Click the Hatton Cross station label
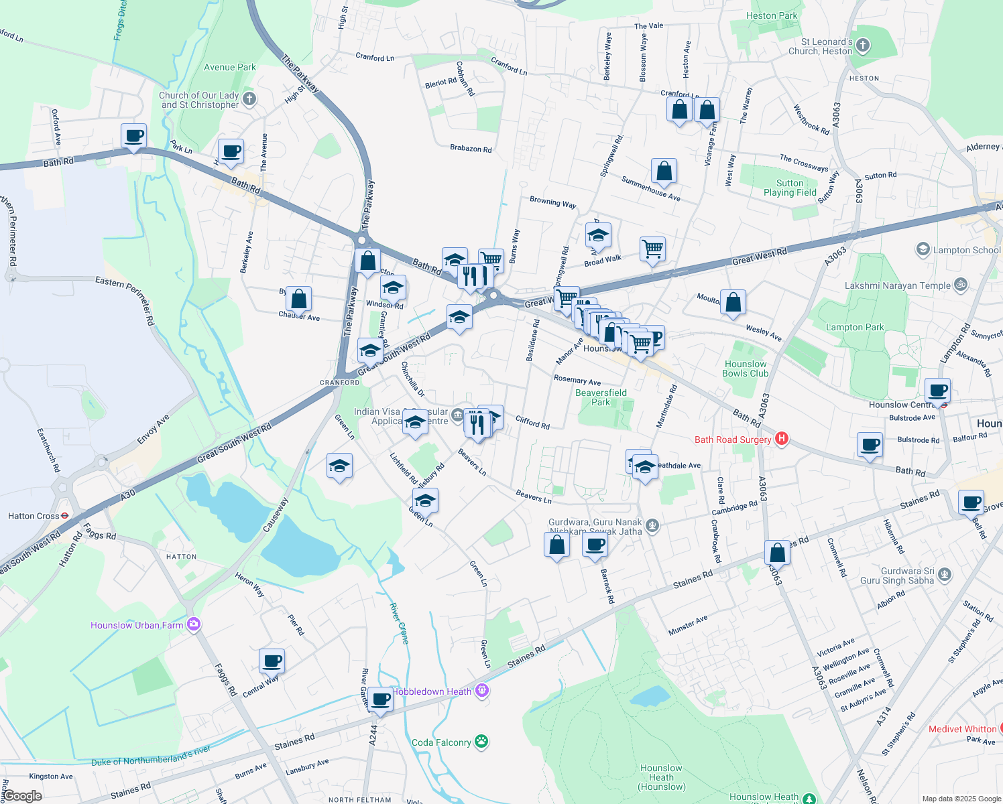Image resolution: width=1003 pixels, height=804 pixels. pos(34,516)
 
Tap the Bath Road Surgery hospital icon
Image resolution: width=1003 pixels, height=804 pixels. pos(781,440)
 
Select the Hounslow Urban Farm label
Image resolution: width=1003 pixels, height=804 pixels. pos(137,625)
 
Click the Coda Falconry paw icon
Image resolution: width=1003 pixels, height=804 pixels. pos(481,742)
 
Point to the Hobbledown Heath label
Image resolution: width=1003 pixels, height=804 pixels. pos(432,691)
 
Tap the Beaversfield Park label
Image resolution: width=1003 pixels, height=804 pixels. pos(601,397)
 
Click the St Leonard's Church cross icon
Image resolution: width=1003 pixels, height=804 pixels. pos(863,46)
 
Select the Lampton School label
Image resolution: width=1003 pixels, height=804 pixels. pos(966,250)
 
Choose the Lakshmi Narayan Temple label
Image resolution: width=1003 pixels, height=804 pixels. pos(898,285)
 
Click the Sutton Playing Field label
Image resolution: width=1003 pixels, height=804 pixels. pos(790,188)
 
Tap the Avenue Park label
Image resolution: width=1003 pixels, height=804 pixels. pos(230,67)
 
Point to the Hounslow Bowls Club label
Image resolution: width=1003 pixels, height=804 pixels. pos(746,368)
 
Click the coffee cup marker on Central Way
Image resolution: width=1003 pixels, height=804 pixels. pos(272,661)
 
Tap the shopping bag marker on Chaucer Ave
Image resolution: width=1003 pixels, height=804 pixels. pos(299,299)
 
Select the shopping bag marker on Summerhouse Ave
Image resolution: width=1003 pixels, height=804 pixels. pos(664,172)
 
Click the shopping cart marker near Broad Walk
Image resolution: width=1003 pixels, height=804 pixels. pos(652,249)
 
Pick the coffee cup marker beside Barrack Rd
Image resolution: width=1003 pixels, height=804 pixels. pos(595,545)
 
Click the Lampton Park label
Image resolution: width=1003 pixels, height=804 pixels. pos(855,327)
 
